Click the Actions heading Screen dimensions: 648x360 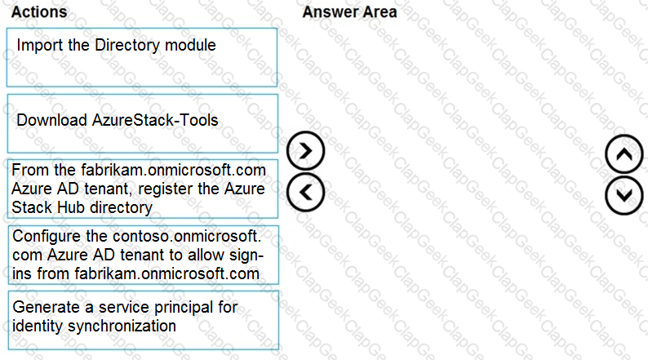click(39, 12)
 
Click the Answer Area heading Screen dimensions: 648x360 click(349, 12)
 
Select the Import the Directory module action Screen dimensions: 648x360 click(142, 57)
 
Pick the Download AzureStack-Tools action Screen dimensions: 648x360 click(143, 123)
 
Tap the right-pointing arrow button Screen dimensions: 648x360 click(306, 151)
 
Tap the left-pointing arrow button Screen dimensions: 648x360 click(306, 192)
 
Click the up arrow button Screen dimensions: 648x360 click(624, 154)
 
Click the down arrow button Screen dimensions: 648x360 click(624, 195)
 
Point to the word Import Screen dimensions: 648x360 click(40, 45)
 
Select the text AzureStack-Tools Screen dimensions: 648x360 click(155, 120)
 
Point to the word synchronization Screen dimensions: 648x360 click(122, 326)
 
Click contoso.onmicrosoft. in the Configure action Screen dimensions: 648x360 click(187, 236)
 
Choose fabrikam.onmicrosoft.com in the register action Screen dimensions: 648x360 click(173, 170)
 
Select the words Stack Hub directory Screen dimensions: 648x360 click(82, 207)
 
